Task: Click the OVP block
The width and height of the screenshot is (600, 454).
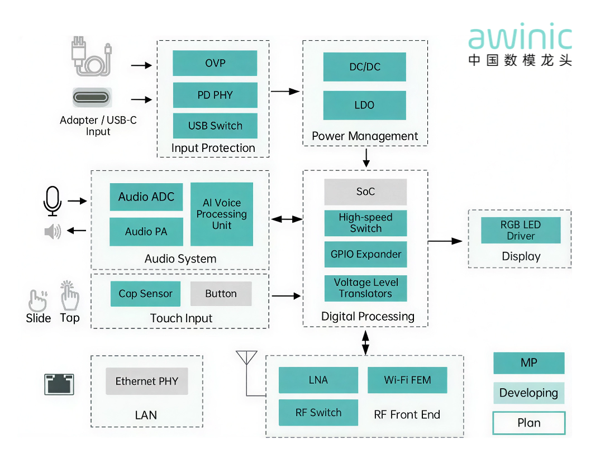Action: click(215, 63)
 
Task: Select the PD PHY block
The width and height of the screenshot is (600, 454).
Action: click(215, 95)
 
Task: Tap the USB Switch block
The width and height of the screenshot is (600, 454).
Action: click(215, 126)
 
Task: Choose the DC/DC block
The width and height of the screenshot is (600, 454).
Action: click(364, 67)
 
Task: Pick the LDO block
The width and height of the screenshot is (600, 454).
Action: click(364, 105)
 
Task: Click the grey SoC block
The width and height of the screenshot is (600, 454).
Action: click(365, 192)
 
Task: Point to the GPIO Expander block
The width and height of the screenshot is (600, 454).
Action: click(365, 254)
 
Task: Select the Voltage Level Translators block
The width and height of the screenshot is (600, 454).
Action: click(365, 288)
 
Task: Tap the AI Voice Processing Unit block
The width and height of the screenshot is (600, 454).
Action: click(221, 214)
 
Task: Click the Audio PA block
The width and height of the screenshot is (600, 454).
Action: click(146, 232)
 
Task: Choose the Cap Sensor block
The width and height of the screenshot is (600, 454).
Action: click(145, 294)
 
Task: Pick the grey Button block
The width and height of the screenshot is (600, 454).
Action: click(221, 294)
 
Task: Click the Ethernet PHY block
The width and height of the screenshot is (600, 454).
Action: click(147, 381)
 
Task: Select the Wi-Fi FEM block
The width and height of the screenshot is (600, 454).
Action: click(407, 380)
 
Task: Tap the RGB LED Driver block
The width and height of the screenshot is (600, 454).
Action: click(521, 230)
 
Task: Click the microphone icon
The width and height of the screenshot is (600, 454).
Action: click(53, 201)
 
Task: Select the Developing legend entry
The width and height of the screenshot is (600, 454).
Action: click(528, 393)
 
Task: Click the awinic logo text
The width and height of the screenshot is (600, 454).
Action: click(520, 38)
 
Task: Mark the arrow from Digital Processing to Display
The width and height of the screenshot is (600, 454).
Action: click(445, 241)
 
